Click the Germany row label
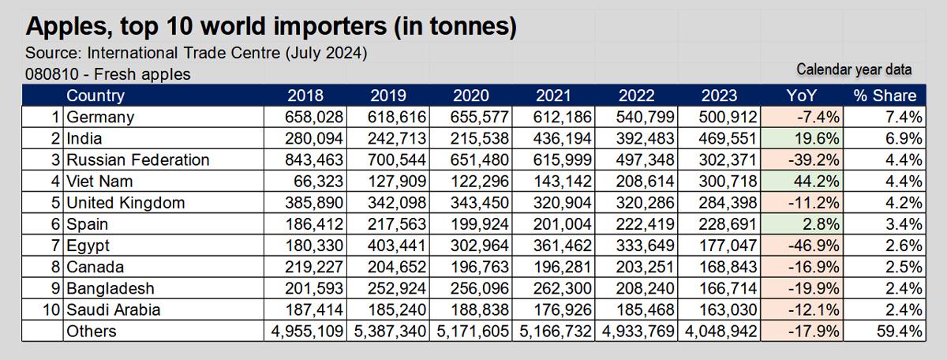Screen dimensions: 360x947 point(100,118)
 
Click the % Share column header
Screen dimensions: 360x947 point(885,96)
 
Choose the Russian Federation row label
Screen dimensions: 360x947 point(138,160)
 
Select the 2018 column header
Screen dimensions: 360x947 point(305,96)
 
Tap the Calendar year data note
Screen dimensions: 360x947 point(854,70)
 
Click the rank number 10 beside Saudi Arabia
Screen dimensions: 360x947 point(51,310)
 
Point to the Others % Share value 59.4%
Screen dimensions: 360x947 point(899,332)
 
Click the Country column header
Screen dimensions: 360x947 point(95,96)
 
